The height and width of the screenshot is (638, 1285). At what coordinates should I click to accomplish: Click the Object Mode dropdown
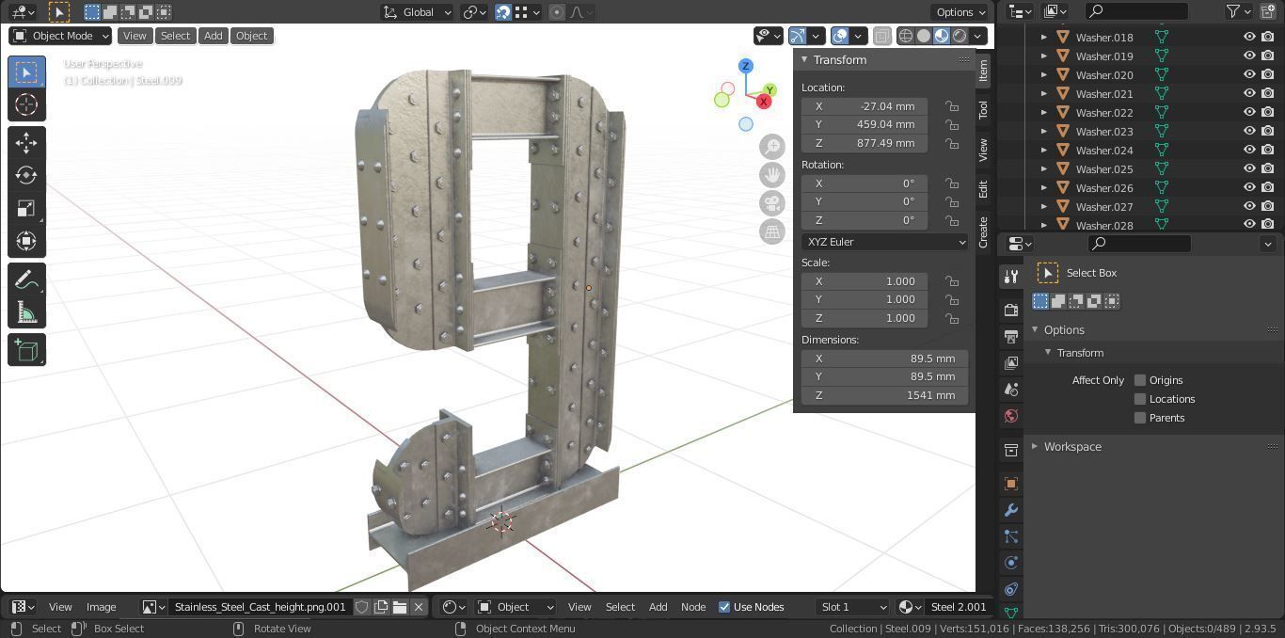click(x=60, y=36)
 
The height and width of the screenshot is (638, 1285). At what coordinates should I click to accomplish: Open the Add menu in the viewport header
click(x=214, y=36)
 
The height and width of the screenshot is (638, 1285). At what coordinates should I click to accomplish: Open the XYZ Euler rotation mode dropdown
click(x=884, y=242)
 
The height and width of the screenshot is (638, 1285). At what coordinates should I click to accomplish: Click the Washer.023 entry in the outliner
click(x=1103, y=132)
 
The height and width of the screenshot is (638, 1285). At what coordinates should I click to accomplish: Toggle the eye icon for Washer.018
click(x=1249, y=38)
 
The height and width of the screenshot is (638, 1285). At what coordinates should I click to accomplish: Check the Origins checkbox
click(x=1140, y=380)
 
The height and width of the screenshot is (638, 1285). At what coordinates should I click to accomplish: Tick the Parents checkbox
click(x=1140, y=418)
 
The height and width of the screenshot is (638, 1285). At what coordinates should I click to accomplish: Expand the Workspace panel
click(x=1071, y=447)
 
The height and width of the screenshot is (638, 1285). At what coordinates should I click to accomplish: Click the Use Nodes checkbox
click(x=724, y=607)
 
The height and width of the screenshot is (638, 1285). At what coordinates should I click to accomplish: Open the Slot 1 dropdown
click(x=852, y=607)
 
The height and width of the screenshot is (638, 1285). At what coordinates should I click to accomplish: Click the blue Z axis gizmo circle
click(x=745, y=66)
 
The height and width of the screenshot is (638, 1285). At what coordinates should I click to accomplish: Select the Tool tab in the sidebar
click(x=983, y=109)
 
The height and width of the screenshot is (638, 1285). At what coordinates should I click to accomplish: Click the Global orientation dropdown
click(x=418, y=12)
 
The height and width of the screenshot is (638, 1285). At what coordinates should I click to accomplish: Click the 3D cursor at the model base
click(x=502, y=522)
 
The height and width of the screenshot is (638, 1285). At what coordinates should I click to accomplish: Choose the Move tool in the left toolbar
click(x=26, y=142)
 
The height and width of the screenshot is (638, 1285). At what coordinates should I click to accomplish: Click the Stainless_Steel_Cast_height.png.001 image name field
click(x=260, y=607)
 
